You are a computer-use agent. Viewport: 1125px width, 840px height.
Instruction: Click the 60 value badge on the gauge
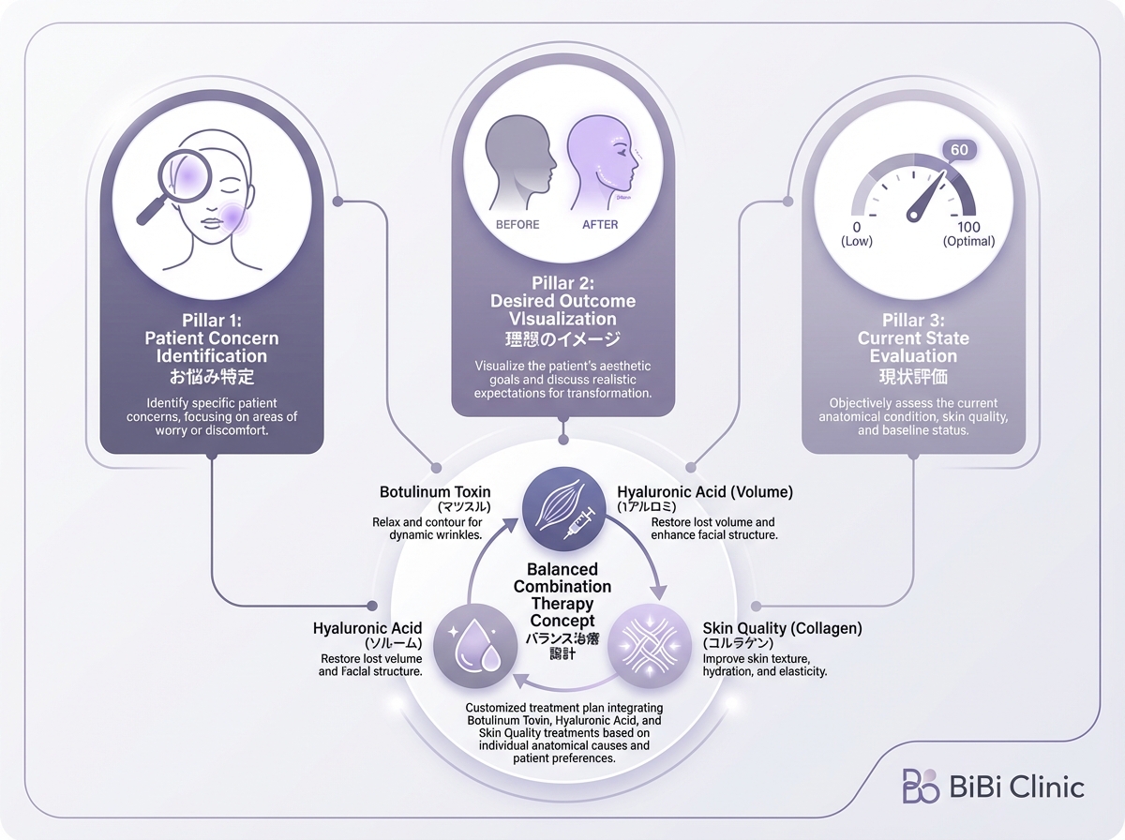coord(959,150)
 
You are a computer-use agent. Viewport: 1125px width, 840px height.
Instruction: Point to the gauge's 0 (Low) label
coord(857,233)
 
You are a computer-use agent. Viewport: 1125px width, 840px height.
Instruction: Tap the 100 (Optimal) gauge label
coord(969,233)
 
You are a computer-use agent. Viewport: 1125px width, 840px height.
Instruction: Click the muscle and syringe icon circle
coord(562,510)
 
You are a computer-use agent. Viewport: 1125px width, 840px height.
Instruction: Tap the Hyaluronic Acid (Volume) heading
coord(705,491)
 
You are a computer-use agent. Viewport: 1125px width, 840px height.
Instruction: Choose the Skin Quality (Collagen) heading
coord(783,627)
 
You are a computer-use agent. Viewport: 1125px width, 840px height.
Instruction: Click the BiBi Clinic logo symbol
coord(920,786)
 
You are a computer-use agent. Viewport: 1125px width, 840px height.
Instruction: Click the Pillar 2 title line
coord(562,283)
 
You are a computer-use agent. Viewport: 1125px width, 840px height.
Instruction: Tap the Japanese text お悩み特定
coord(212,377)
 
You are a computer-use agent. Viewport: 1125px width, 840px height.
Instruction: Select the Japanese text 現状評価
coord(913,377)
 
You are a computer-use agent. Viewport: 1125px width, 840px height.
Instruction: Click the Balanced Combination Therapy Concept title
coord(562,595)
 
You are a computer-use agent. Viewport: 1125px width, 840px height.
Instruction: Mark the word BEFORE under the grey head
coord(517,225)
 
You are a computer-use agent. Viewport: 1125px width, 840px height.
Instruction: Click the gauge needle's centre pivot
coord(913,216)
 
